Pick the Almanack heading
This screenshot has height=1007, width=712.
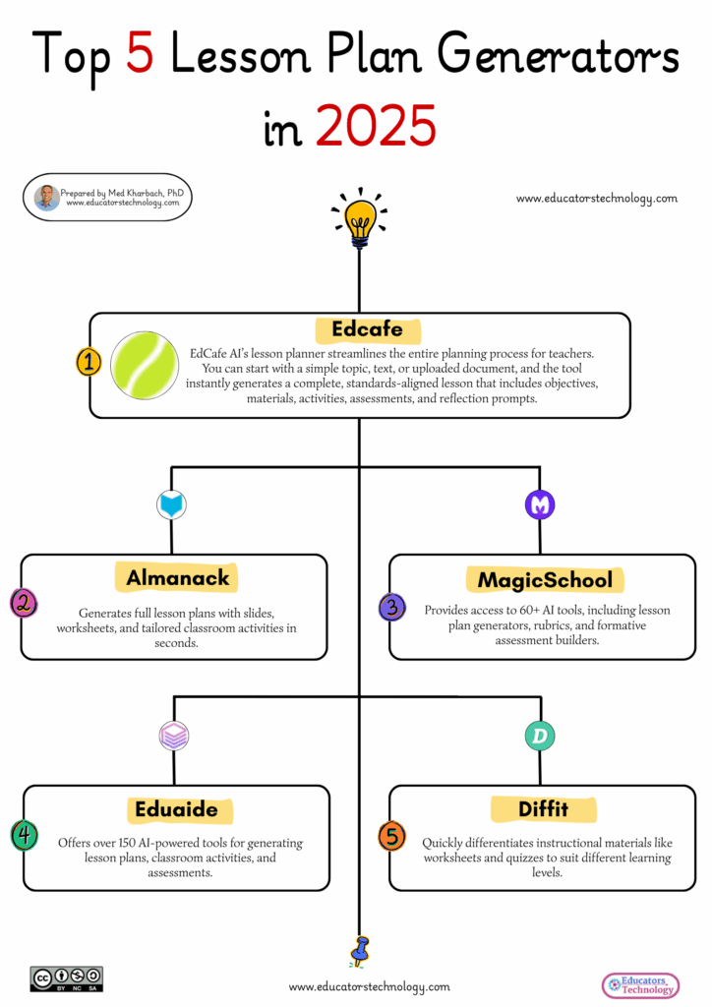click(x=177, y=577)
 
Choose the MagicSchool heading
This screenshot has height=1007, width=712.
click(x=544, y=579)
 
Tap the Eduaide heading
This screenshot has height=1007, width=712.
click(x=178, y=810)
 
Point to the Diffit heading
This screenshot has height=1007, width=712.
click(x=543, y=809)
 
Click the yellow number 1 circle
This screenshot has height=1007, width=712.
click(x=89, y=362)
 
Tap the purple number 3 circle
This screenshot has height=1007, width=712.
click(x=391, y=607)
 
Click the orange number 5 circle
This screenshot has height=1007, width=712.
click(x=391, y=837)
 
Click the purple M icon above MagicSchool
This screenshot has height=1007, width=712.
click(x=539, y=505)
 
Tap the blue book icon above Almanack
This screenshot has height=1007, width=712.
click(x=172, y=505)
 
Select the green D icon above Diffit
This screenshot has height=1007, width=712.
click(x=539, y=736)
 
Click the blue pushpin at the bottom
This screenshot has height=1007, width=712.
click(x=360, y=950)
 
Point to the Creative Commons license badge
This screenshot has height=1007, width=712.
click(x=67, y=978)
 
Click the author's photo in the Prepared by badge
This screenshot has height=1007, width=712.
click(x=46, y=198)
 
